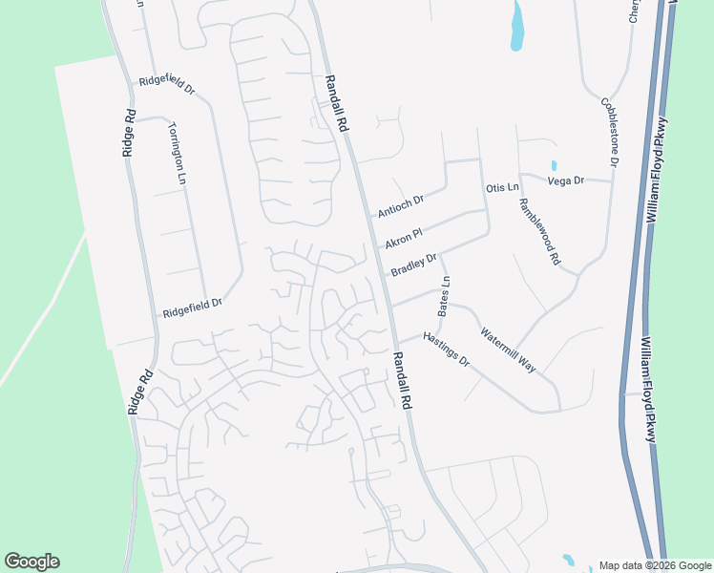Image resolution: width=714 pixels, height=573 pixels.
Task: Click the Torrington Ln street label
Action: pos(177,153)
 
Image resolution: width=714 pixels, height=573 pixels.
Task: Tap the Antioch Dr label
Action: pos(400,203)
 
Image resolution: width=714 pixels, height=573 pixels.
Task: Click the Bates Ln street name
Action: pos(444,296)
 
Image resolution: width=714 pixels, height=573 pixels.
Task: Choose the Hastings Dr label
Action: pos(447,350)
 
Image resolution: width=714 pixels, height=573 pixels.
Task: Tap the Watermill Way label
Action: pos(508,350)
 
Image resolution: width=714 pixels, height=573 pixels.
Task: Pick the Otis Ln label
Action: pos(501,188)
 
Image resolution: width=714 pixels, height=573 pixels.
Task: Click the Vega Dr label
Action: pos(565,180)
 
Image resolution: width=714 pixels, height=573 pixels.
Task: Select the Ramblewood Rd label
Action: pos(539,231)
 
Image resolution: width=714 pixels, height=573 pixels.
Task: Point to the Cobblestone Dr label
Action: pos(609,132)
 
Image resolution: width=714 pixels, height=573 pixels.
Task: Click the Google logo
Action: pos(31,562)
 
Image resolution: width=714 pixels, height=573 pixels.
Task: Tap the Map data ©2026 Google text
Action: pos(655,565)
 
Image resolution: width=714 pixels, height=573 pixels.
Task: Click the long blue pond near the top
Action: pos(517,26)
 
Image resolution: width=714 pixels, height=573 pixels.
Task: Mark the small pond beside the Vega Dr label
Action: pos(554,165)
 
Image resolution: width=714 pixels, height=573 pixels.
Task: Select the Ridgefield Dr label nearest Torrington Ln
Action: pos(167,83)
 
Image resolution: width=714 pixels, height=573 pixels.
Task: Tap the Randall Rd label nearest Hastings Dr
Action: pos(401,379)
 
